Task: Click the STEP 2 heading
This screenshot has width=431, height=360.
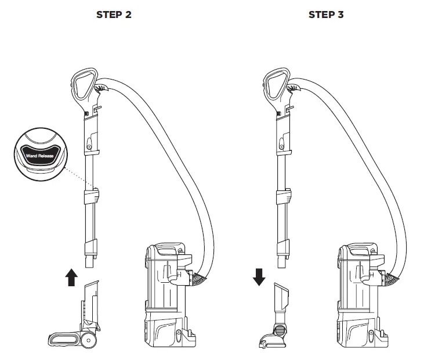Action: pyautogui.click(x=114, y=15)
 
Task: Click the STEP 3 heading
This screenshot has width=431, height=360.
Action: pyautogui.click(x=325, y=15)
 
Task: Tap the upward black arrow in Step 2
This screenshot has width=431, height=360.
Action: pyautogui.click(x=71, y=278)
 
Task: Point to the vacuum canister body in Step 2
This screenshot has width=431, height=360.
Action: pyautogui.click(x=165, y=296)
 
